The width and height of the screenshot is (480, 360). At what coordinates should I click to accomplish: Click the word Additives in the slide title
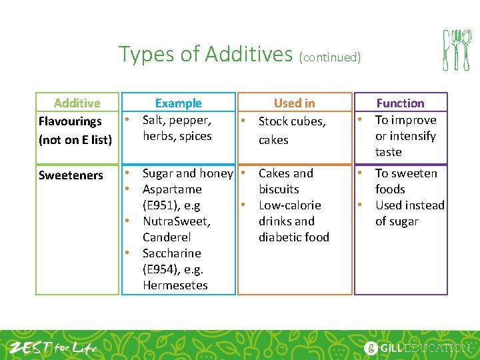(x=248, y=53)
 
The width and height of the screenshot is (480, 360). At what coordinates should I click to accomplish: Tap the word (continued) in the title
(x=330, y=57)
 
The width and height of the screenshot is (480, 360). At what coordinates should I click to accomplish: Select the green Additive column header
(x=77, y=103)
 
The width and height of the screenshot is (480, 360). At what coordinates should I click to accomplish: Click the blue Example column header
(x=178, y=103)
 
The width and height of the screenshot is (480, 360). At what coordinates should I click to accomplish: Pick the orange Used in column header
(x=294, y=103)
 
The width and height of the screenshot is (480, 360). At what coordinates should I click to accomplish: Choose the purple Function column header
(x=400, y=103)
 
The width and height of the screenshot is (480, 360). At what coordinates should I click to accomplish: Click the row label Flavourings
(x=70, y=121)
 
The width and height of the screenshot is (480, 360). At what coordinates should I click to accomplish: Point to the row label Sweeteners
(x=71, y=175)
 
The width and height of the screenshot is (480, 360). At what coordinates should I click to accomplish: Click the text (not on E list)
(x=75, y=140)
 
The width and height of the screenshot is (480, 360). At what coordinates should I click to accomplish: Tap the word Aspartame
(x=172, y=189)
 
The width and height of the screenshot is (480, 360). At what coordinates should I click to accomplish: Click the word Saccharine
(x=171, y=253)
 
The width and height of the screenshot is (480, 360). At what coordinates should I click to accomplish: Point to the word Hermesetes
(x=175, y=285)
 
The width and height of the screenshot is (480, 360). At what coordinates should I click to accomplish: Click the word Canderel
(x=167, y=237)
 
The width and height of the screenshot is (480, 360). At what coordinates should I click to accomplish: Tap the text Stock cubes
(x=292, y=121)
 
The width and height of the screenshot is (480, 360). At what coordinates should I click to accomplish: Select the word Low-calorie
(x=289, y=205)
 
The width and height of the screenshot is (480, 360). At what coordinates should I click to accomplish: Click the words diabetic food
(x=293, y=237)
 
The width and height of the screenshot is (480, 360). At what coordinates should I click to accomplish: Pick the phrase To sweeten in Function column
(x=406, y=173)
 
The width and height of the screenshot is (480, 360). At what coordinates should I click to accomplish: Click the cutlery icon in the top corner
(x=457, y=50)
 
